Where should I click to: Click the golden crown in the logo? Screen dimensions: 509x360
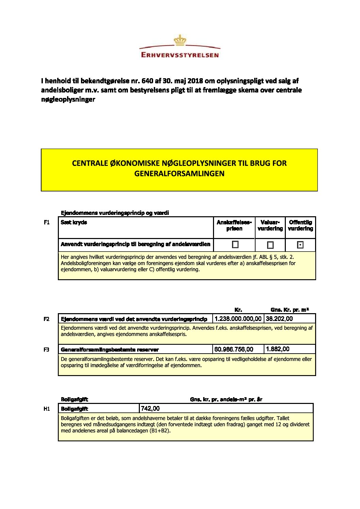[x=180, y=40]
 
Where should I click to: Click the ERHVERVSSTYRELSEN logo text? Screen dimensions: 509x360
[x=180, y=55]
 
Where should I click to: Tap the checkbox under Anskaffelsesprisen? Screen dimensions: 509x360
[x=235, y=244]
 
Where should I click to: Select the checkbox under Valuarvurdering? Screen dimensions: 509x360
[x=270, y=245]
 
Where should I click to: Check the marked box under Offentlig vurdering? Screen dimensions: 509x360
[x=300, y=245]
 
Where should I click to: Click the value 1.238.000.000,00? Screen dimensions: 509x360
[x=238, y=319]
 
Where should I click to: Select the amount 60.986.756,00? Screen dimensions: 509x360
[x=234, y=349]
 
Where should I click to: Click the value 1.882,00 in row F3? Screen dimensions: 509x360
[x=278, y=349]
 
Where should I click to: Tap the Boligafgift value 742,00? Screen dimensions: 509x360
[x=150, y=408]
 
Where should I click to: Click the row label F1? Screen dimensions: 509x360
[x=47, y=222]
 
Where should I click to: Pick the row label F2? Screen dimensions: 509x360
[x=47, y=319]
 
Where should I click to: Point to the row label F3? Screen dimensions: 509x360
[x=47, y=350]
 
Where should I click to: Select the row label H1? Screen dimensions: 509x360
[x=47, y=409]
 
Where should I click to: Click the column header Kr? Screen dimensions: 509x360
[x=238, y=310]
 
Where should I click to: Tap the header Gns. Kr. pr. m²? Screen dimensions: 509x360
[x=290, y=310]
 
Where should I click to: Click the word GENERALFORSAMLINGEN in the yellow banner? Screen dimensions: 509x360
[x=179, y=173]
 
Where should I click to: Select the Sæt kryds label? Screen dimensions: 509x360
[x=74, y=222]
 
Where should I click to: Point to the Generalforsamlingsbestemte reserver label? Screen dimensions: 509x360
[x=110, y=350]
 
